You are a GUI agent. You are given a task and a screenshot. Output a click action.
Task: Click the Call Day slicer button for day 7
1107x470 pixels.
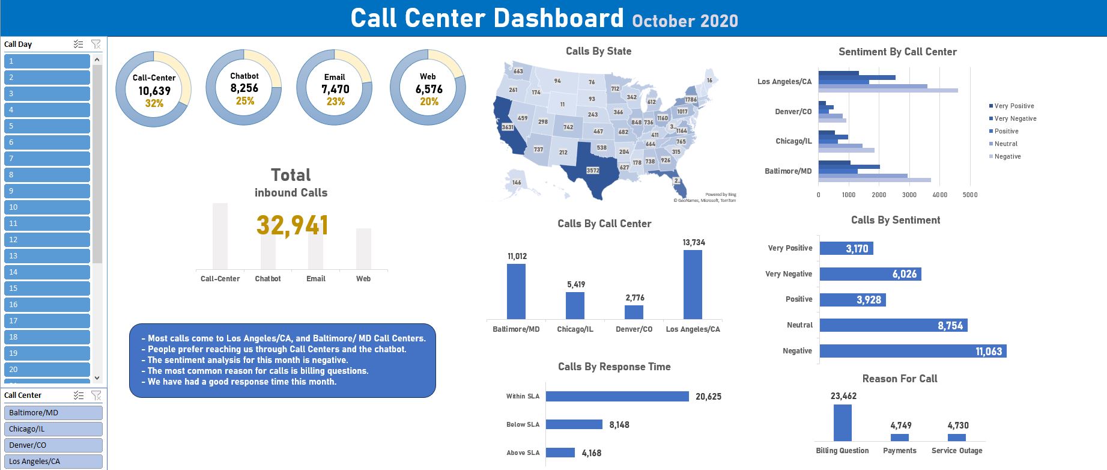click(x=47, y=159)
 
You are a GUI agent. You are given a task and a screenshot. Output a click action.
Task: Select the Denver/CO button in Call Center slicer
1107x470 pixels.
click(x=53, y=445)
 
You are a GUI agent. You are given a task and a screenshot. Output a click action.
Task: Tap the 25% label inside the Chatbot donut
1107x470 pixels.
click(x=244, y=101)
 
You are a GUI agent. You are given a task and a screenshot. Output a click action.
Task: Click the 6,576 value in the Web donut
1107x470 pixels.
click(x=429, y=89)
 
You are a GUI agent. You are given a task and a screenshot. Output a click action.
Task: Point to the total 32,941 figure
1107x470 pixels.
click(x=292, y=226)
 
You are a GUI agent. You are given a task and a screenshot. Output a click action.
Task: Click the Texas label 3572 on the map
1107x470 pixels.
click(x=592, y=170)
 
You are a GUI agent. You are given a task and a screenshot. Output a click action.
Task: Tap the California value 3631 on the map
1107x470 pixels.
click(x=508, y=127)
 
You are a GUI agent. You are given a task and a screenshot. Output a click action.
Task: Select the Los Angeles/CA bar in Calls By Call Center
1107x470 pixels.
click(x=693, y=284)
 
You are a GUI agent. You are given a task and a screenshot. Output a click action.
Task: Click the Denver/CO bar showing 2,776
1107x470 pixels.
click(x=634, y=312)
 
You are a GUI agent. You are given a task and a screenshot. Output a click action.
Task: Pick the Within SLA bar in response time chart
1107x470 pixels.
click(x=617, y=397)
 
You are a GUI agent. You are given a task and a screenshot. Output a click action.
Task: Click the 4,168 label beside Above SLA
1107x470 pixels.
click(x=591, y=453)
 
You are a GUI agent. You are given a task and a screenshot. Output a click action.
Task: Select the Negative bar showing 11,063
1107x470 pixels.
click(x=912, y=351)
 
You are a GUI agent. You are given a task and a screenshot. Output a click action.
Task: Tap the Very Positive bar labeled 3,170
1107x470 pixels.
click(x=846, y=248)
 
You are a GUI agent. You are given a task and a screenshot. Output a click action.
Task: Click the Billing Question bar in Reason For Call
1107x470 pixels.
click(x=842, y=423)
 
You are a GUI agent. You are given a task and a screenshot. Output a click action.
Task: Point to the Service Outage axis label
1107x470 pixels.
click(x=956, y=451)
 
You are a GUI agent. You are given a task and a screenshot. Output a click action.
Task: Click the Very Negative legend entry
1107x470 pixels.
click(x=1015, y=118)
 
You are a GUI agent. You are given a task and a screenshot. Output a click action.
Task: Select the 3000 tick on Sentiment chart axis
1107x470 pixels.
click(x=909, y=195)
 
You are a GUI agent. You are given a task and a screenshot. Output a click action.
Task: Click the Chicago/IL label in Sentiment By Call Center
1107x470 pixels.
click(x=793, y=141)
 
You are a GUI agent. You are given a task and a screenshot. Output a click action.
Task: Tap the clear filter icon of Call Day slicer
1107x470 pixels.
click(x=96, y=44)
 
